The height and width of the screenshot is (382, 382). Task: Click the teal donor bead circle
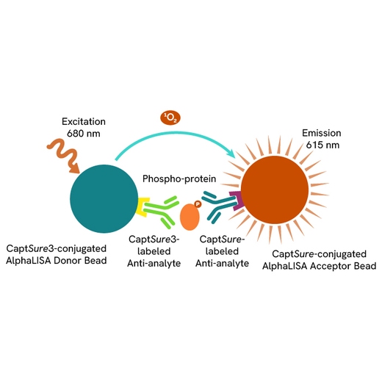click(104, 198)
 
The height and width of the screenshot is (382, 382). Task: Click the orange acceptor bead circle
click(275, 190)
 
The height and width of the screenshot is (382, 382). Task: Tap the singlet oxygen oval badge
click(170, 118)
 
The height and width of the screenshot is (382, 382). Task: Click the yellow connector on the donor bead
click(142, 207)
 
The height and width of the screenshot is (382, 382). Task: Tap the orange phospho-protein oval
click(190, 217)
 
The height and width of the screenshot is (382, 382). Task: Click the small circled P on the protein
click(198, 204)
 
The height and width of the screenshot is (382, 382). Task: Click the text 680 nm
click(84, 134)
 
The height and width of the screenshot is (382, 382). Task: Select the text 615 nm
click(322, 145)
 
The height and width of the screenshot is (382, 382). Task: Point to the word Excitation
click(84, 122)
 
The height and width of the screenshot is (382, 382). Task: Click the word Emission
click(321, 133)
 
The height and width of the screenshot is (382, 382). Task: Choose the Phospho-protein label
click(179, 179)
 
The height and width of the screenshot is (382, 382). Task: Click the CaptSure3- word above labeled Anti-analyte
click(154, 239)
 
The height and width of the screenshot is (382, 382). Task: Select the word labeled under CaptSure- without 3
click(222, 251)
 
